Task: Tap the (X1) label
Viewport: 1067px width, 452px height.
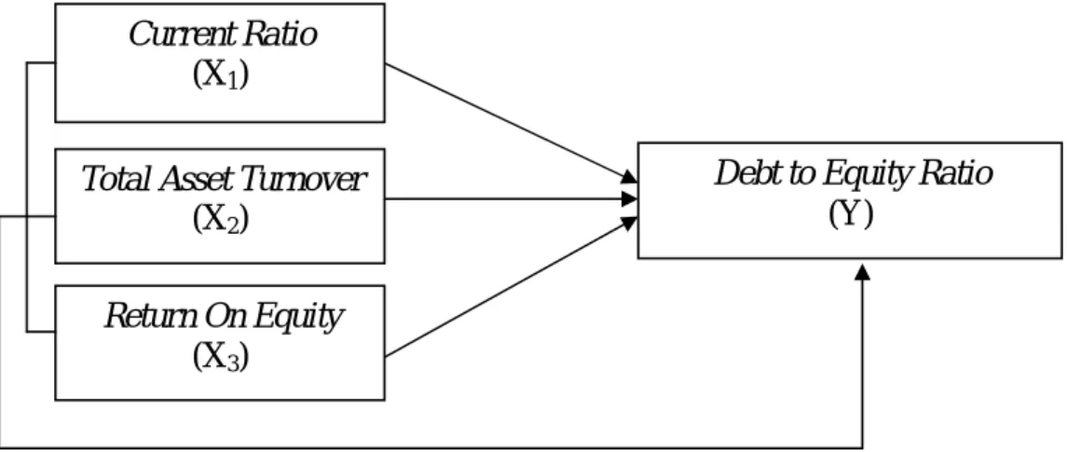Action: pos(220,75)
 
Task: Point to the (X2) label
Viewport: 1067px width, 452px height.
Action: pos(220,218)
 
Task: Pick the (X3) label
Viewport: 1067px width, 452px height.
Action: pos(220,356)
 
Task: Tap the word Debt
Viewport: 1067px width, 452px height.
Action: pos(747,173)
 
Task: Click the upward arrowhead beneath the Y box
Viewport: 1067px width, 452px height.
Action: pos(862,271)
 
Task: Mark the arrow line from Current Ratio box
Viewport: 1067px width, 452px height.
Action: pos(511,122)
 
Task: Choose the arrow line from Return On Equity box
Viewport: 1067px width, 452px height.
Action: pos(511,287)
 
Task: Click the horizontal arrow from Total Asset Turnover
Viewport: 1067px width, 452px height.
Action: pos(511,199)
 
